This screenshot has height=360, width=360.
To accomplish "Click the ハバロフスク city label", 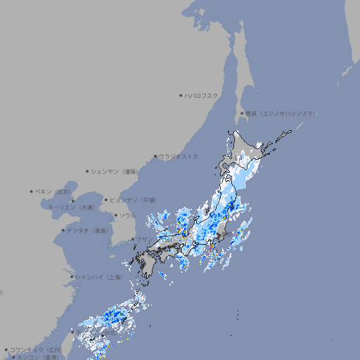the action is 202,95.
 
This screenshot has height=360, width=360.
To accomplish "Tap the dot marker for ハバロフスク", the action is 181,95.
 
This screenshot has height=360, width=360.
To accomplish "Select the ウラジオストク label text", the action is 179,156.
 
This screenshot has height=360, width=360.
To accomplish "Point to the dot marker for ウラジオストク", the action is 155,156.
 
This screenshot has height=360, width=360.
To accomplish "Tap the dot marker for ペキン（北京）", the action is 32,191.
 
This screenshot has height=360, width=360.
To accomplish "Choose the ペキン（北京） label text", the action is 54,191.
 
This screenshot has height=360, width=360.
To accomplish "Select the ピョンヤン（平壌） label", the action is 132,200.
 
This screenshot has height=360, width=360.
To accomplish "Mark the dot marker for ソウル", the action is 115,215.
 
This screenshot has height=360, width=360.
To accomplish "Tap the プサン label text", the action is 143,239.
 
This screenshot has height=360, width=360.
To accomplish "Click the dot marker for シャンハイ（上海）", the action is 71,276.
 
